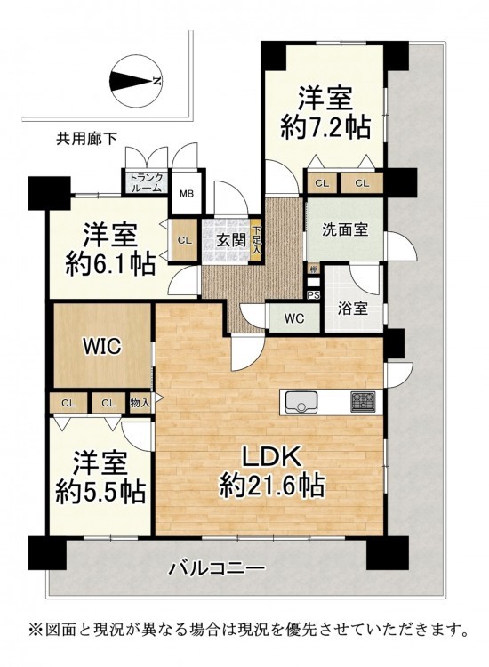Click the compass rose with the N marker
[x=136, y=81]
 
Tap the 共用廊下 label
[x=87, y=138]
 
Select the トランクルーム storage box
[x=147, y=182]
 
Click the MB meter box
[x=186, y=194]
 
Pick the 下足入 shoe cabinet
[x=255, y=240]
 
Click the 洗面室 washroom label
[x=344, y=229]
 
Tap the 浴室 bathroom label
[x=353, y=309]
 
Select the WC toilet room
[x=293, y=318]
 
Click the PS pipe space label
[x=313, y=295]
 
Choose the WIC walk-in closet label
[x=102, y=347]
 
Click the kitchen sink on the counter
[x=301, y=402]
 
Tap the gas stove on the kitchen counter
[x=363, y=402]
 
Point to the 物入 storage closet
[x=140, y=403]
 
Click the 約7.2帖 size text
[x=325, y=126]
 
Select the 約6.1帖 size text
[x=109, y=265]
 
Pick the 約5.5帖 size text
[x=101, y=491]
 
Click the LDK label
[x=272, y=459]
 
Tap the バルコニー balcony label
[x=218, y=567]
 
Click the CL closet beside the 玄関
[x=185, y=240]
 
